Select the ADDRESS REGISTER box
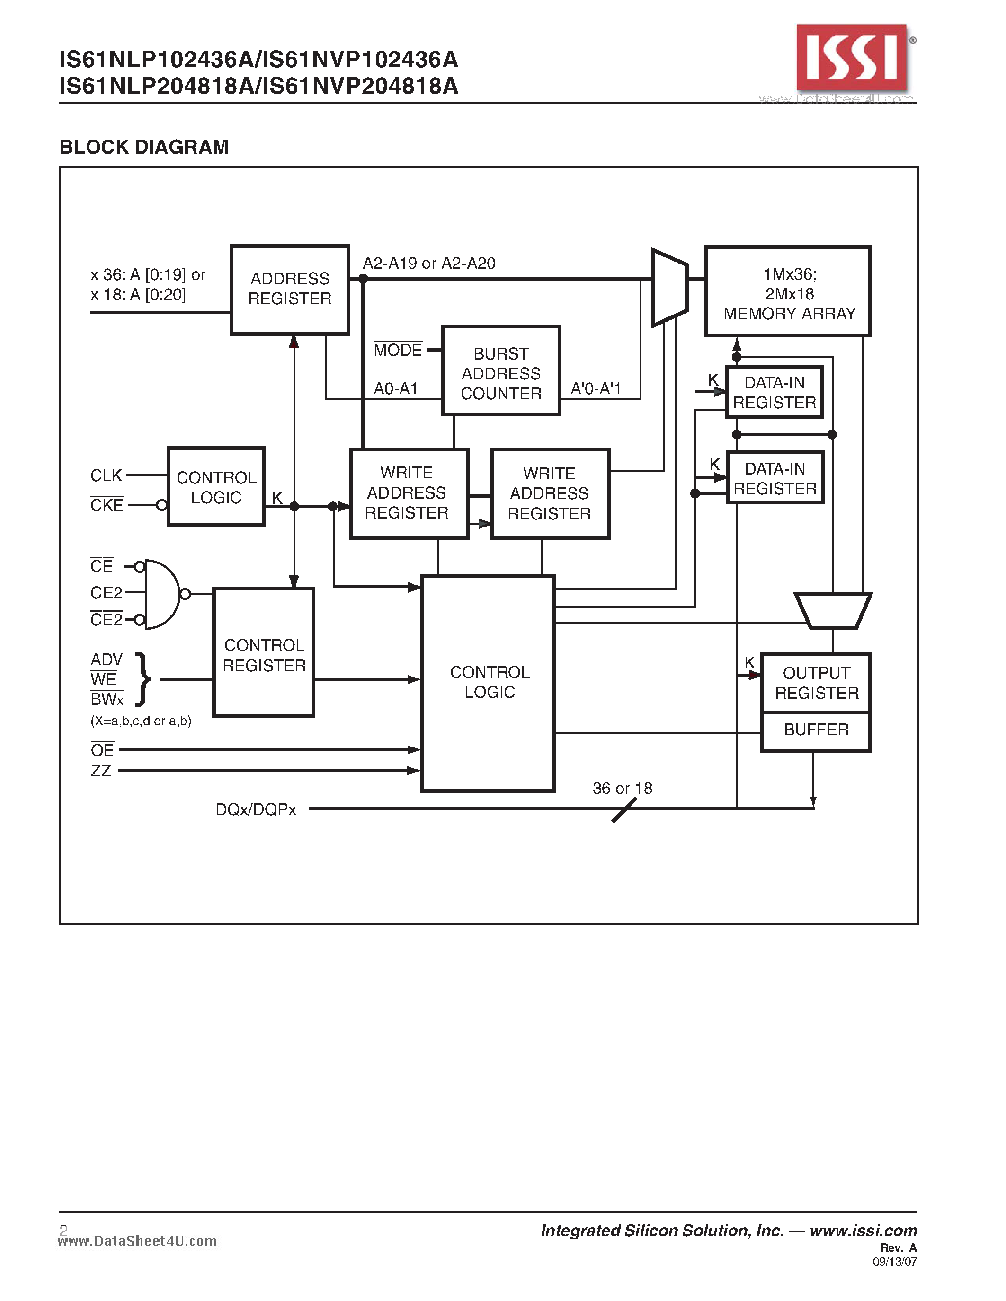point(290,290)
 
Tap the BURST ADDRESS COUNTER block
point(500,370)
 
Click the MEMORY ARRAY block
point(788,292)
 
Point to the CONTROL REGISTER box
point(263,653)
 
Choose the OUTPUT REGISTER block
point(816,683)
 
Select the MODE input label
point(398,350)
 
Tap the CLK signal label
point(106,475)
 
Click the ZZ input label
point(101,771)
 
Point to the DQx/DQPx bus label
point(256,809)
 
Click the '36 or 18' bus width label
point(622,789)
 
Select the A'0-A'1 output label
point(596,389)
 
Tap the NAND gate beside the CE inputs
point(161,594)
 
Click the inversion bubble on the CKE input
point(161,506)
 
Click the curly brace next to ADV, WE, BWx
point(143,679)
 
